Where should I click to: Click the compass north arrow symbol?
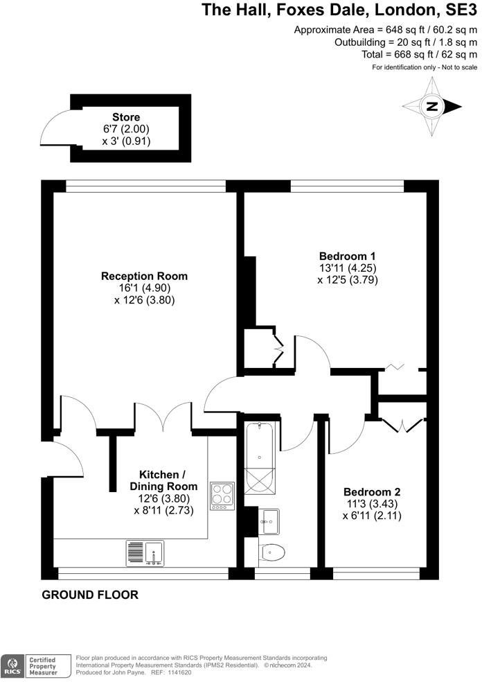point(432,107)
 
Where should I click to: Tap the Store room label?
point(126,117)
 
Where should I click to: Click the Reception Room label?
point(144,276)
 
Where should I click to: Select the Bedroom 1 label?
point(348,254)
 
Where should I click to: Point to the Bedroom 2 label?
point(372,491)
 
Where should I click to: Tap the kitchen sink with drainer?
point(145,553)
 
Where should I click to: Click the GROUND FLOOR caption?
point(90,595)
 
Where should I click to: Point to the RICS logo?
point(12,665)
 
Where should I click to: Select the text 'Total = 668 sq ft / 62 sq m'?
point(419,54)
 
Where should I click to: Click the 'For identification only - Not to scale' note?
point(425,67)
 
